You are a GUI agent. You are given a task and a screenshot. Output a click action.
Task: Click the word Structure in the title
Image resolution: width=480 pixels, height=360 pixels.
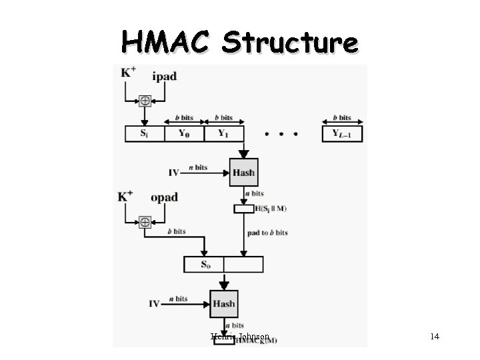coord(290,43)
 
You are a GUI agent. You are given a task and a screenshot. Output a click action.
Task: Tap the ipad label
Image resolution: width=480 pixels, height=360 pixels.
coord(164,76)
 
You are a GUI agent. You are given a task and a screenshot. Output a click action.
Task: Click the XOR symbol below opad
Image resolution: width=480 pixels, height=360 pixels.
coord(144,223)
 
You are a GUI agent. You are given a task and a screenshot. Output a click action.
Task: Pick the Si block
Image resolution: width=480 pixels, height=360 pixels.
coord(144,133)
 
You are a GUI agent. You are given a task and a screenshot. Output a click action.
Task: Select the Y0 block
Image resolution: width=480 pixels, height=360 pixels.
coord(183,133)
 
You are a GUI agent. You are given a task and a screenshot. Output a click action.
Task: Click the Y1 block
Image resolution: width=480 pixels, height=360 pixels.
coord(222,133)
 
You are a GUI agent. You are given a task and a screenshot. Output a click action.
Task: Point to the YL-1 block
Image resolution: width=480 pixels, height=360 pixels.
coord(343,133)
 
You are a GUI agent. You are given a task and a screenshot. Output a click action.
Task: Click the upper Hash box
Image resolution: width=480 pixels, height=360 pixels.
coord(243,173)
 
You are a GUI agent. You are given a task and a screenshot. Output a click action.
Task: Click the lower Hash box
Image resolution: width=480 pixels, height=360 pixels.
coord(223,304)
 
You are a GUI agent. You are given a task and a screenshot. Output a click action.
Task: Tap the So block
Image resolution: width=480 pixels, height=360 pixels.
coord(203,265)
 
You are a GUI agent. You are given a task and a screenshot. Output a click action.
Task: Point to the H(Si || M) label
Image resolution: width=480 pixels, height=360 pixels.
coord(271,209)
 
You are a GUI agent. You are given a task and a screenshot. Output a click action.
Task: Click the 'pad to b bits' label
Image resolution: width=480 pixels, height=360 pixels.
coord(267,233)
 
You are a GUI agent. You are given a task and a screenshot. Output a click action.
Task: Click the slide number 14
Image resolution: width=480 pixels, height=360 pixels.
coord(435,337)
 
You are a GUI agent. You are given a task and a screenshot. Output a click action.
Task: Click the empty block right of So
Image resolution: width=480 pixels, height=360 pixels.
coord(243,265)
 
